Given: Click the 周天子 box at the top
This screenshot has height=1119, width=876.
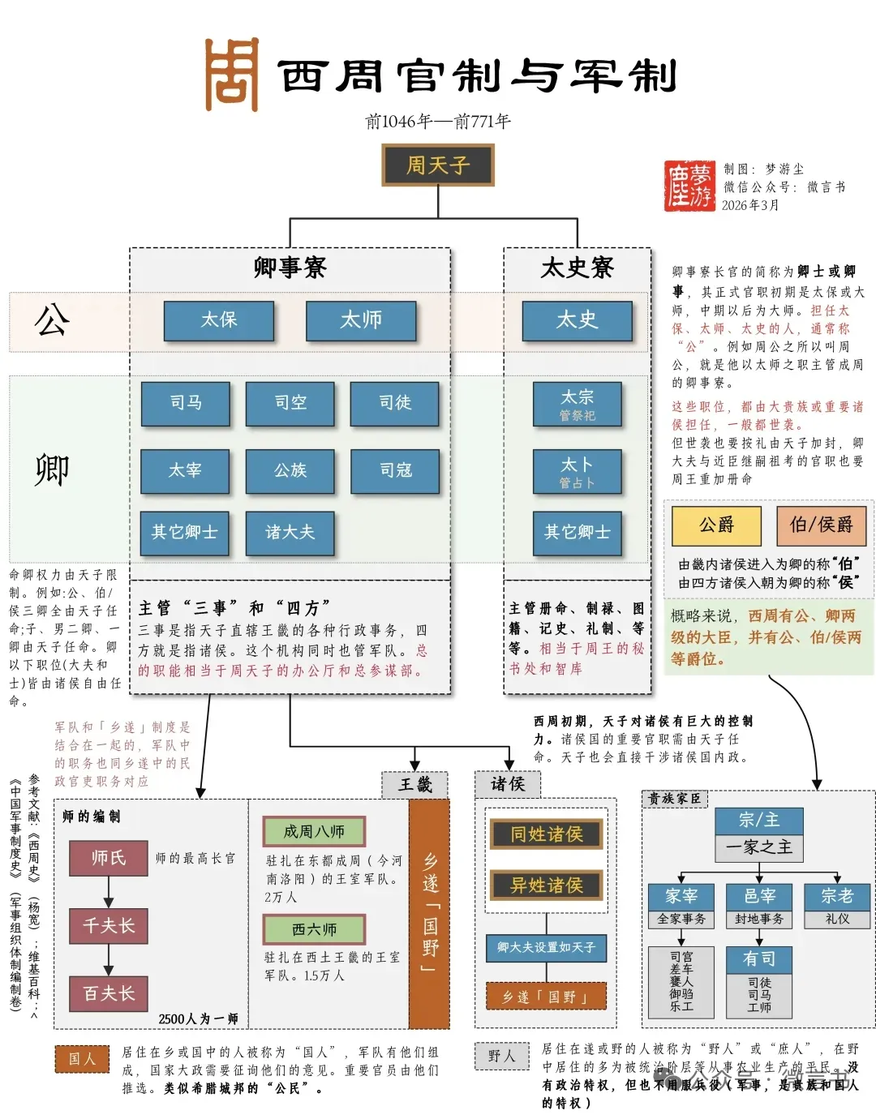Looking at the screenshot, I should [x=438, y=165].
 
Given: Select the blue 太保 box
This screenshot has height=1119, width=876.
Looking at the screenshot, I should [x=219, y=320].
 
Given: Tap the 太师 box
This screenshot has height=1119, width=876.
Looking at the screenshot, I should [x=361, y=320].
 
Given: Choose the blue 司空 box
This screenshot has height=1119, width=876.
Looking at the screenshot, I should [x=290, y=403].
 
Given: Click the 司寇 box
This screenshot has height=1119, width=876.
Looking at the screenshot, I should [x=395, y=470].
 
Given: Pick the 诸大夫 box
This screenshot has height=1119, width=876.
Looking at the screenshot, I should [x=290, y=532].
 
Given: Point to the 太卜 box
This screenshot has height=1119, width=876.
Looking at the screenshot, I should [x=577, y=471].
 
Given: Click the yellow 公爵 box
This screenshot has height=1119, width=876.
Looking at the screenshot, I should [x=716, y=525].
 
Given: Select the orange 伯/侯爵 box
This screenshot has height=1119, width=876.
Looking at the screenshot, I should [x=821, y=525].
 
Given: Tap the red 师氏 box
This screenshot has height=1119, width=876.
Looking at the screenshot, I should [x=109, y=858].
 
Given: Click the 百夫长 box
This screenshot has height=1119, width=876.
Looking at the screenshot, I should [x=109, y=994].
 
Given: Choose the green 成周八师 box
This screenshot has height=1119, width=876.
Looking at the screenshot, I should [x=314, y=831].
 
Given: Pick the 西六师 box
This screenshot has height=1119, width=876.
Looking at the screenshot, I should [x=314, y=929].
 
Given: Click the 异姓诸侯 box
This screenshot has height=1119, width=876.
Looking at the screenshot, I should [x=547, y=885].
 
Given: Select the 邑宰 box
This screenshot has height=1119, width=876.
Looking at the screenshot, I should [x=760, y=896].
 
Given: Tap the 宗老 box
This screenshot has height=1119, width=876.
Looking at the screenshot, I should [x=836, y=896].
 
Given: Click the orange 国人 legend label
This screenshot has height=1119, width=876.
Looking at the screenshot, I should [x=82, y=1059].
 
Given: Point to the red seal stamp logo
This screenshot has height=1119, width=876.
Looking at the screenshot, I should [x=689, y=186].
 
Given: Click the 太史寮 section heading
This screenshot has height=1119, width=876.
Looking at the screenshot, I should [x=577, y=268].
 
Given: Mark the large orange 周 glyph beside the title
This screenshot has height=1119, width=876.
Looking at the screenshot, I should [x=232, y=75].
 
